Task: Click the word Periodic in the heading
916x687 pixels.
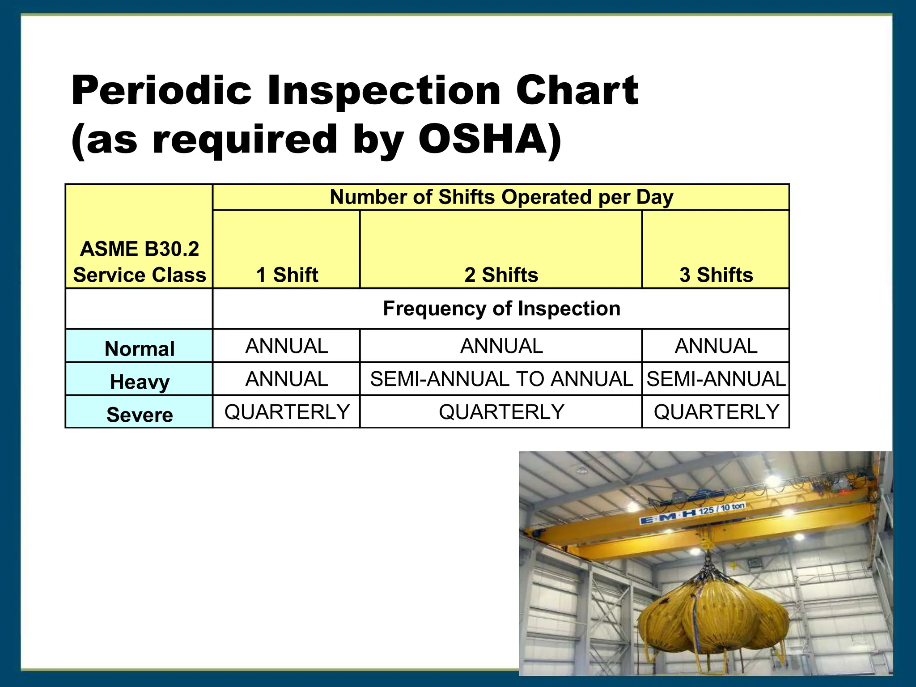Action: pos(161,91)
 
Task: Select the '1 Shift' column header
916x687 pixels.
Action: pos(287,275)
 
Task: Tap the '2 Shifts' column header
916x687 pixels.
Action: pos(501,275)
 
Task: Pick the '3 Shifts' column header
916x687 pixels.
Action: pos(716,275)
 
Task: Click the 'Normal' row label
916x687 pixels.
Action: pos(140,348)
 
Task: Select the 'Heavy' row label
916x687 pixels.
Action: pos(140,382)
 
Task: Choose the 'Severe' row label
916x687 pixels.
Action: pos(140,415)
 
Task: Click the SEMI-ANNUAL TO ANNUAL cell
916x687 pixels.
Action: pos(501,379)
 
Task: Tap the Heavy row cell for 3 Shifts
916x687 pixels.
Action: pos(716,379)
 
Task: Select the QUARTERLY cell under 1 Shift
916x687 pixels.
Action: pos(287,412)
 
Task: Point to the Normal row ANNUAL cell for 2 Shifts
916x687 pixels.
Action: pos(501,346)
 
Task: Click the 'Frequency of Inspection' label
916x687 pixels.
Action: pos(501,309)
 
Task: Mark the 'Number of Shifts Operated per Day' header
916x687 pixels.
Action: pos(501,197)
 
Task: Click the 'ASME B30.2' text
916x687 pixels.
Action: pos(140,249)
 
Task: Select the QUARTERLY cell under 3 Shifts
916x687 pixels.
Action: pos(716,412)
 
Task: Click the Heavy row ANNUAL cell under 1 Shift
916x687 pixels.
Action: pos(287,379)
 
